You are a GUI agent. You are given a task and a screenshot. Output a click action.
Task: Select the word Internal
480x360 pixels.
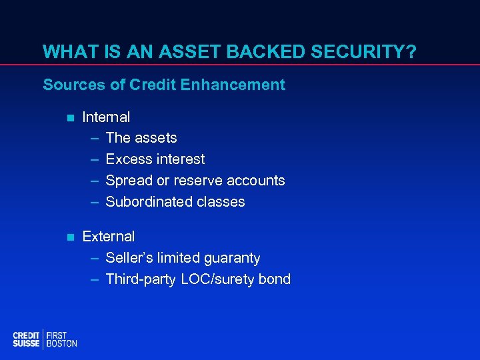tap(106, 117)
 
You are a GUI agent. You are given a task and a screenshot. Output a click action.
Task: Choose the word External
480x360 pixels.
tap(108, 237)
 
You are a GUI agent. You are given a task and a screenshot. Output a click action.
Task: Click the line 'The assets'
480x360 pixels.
tap(141, 138)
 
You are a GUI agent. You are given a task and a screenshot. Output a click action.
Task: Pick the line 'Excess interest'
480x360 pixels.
tap(155, 159)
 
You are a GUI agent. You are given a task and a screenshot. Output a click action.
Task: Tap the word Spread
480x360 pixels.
tap(127, 181)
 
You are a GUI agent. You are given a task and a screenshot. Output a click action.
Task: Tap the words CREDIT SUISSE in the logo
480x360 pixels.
tap(26, 339)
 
